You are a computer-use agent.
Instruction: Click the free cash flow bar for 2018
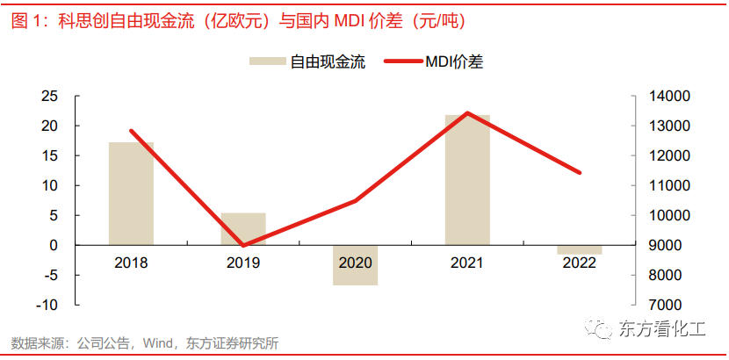click(x=131, y=193)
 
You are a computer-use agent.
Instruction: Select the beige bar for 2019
click(x=243, y=228)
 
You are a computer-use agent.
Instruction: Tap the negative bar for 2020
click(x=355, y=265)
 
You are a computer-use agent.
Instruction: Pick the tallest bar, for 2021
click(x=467, y=180)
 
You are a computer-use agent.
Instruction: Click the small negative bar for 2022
click(x=580, y=249)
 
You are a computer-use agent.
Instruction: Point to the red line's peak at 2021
click(x=467, y=113)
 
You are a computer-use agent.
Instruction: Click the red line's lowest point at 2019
click(x=243, y=245)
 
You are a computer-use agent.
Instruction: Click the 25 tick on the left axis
click(x=50, y=96)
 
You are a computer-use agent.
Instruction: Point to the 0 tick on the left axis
click(x=54, y=245)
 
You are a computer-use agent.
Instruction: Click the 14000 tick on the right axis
click(x=667, y=96)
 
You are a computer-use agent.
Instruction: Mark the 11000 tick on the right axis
click(x=667, y=185)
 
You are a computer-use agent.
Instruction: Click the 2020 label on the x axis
click(x=355, y=263)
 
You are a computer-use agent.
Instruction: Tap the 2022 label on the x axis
click(x=580, y=263)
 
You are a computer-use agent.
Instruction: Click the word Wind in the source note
click(x=160, y=343)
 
